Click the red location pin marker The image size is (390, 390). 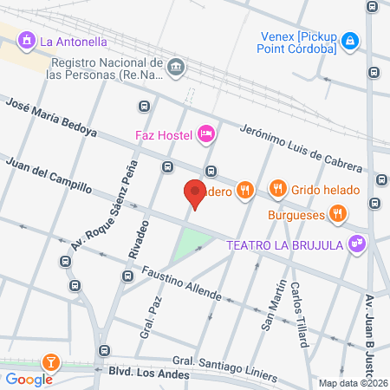[195, 193]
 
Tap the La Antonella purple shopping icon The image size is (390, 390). [27, 40]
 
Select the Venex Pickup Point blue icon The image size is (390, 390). [349, 40]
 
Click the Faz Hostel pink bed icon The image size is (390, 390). [206, 133]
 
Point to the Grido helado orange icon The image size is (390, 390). [278, 187]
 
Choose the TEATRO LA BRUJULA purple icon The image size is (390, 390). [355, 244]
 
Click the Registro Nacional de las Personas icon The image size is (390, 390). [176, 68]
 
